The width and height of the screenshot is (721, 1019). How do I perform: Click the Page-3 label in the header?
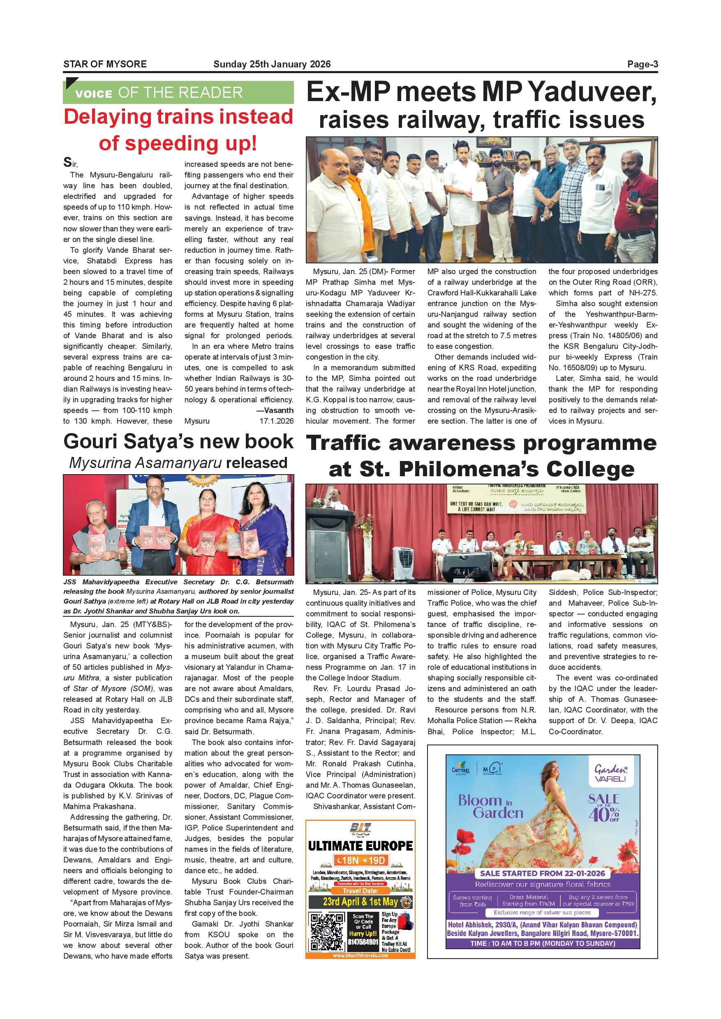pyautogui.click(x=642, y=65)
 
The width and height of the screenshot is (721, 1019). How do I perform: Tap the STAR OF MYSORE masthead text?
pyautogui.click(x=105, y=65)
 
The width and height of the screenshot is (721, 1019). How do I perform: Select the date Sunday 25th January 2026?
pyautogui.click(x=272, y=65)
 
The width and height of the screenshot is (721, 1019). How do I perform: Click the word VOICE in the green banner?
pyautogui.click(x=94, y=94)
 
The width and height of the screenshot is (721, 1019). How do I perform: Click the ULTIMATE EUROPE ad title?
pyautogui.click(x=360, y=846)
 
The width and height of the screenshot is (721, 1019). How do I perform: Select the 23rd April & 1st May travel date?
pyautogui.click(x=360, y=901)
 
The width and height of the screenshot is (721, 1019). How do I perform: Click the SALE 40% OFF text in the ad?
pyautogui.click(x=603, y=808)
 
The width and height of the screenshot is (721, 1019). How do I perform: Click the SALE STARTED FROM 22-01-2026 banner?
pyautogui.click(x=543, y=873)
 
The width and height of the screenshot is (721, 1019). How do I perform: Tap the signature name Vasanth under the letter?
pyautogui.click(x=278, y=410)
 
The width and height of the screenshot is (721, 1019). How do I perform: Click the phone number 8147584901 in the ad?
pyautogui.click(x=363, y=941)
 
